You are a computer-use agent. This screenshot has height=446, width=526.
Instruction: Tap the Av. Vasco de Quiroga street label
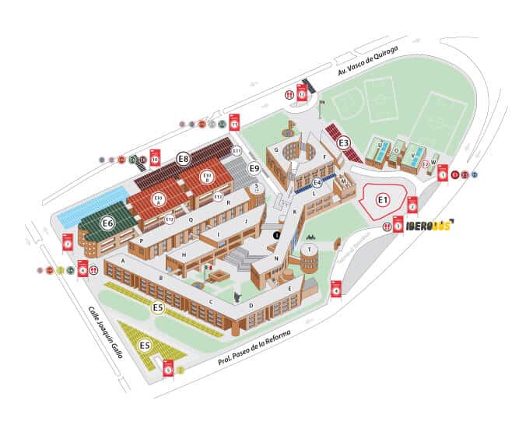point(368,60)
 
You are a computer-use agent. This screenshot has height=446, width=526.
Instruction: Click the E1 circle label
point(382,200)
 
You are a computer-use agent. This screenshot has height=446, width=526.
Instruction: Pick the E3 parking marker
point(344,142)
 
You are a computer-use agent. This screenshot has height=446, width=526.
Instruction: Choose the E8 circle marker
point(183,159)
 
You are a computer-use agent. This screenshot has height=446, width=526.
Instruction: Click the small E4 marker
point(317,182)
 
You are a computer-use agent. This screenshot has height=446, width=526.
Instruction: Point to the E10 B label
point(207,177)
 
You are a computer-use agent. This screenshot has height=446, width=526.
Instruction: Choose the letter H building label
point(184,255)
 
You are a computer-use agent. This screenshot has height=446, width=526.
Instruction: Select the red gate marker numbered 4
point(336,287)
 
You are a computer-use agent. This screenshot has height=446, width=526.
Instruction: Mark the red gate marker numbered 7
point(68,241)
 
